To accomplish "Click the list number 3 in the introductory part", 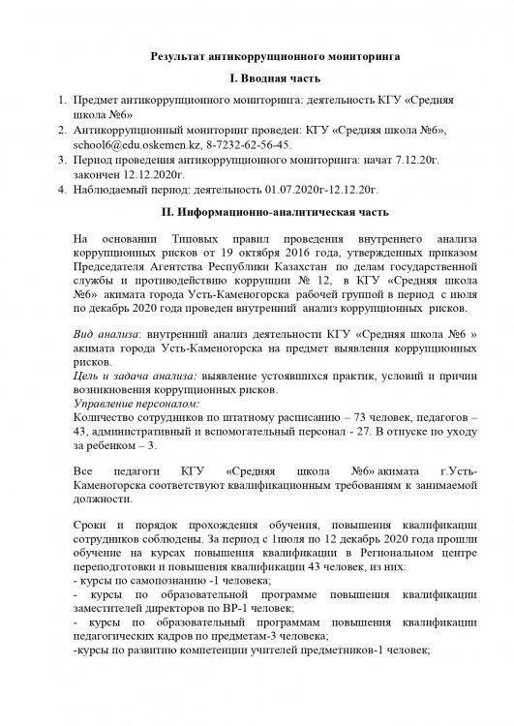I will click(x=61, y=158).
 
